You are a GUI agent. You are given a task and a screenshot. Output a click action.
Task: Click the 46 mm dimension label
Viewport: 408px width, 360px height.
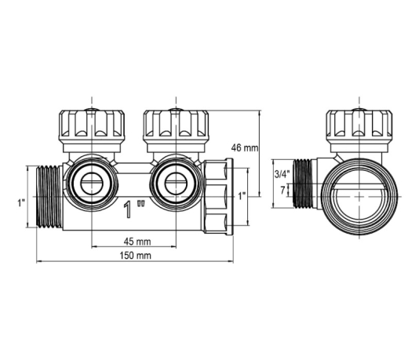[245, 148]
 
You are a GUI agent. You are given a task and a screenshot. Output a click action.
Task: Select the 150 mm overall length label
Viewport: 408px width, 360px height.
[136, 256]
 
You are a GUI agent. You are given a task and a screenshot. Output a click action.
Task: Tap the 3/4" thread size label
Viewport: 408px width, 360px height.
[282, 174]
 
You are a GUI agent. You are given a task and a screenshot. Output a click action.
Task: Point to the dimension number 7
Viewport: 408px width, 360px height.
[282, 191]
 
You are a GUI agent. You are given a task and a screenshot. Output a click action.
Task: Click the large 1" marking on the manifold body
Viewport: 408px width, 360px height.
[133, 209]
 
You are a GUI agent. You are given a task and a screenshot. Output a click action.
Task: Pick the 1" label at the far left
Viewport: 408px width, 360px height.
[21, 203]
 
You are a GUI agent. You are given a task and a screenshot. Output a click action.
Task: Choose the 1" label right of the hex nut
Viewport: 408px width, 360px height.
[242, 196]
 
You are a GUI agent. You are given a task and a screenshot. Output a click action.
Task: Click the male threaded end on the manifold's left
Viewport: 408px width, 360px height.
[49, 197]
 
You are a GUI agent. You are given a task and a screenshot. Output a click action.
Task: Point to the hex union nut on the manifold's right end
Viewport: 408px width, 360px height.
[218, 197]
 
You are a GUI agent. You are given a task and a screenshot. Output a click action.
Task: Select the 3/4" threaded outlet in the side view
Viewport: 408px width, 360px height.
[304, 184]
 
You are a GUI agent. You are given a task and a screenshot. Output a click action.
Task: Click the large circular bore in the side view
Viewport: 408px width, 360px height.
[359, 197]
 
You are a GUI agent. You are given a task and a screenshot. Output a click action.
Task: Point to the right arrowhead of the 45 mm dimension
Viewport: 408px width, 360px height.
[173, 246]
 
